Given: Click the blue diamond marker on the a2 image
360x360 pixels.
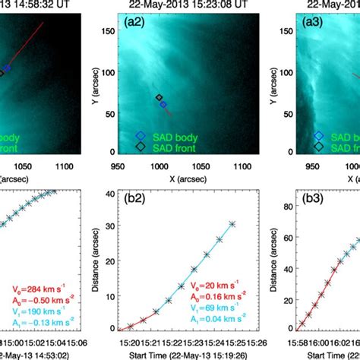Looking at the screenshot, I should (x=163, y=105).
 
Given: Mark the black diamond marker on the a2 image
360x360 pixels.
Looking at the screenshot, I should (x=159, y=98).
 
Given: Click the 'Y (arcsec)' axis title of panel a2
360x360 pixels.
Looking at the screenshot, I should (x=92, y=84).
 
